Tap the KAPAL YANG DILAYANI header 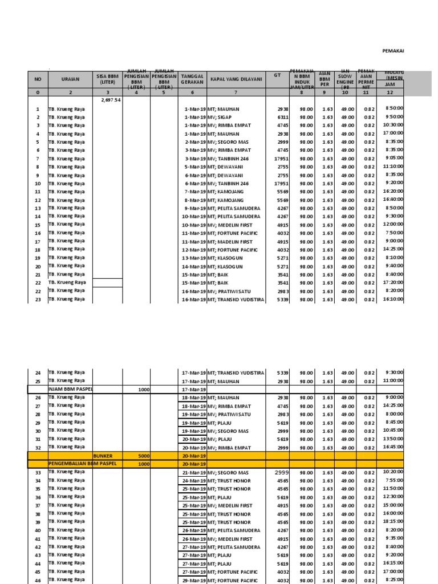click(236, 79)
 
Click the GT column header click(278, 75)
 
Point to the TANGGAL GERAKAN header click(193, 79)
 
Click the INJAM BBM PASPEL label click(70, 389)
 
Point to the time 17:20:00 click(393, 282)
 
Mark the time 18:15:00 click(393, 522)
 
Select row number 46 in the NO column click(38, 580)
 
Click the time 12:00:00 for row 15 click(393, 224)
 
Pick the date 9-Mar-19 click(194, 208)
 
